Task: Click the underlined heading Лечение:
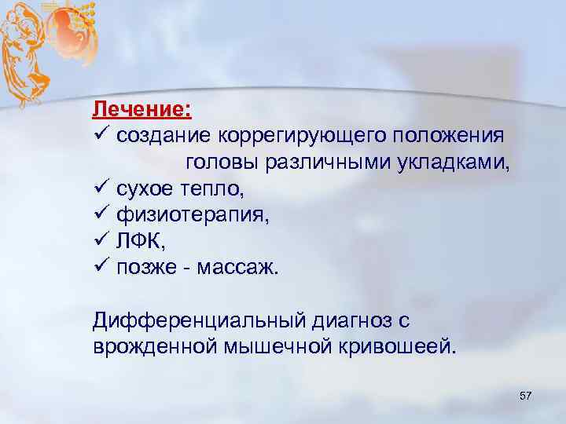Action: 143,106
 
